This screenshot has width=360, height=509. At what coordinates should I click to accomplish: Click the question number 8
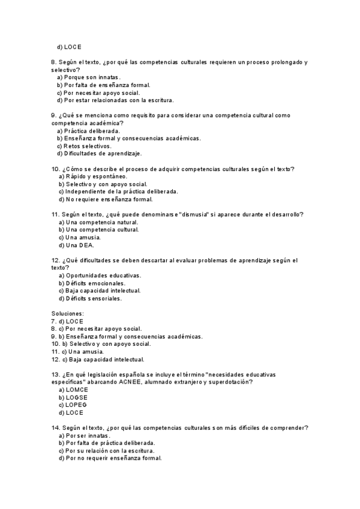[x=53, y=62]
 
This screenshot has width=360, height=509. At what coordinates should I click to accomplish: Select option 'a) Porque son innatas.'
[x=89, y=77]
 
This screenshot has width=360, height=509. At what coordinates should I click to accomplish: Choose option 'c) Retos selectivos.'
[x=85, y=146]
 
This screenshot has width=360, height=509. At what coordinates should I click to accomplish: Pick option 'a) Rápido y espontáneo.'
[x=93, y=176]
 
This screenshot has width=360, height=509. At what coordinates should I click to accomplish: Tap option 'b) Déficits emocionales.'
[x=92, y=283]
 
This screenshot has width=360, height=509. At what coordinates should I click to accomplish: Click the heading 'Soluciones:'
[x=68, y=313]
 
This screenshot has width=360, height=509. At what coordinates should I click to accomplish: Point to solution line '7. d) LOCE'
[x=67, y=321]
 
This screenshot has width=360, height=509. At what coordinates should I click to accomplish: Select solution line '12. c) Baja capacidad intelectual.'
[x=98, y=360]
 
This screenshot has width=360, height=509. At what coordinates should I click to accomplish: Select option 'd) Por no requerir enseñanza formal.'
[x=110, y=458]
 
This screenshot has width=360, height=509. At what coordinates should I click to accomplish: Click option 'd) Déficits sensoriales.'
[x=91, y=298]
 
